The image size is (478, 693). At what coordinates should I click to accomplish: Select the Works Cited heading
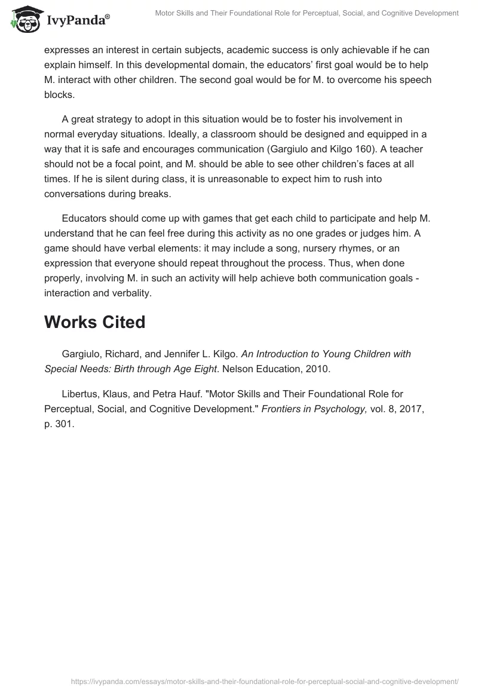tap(94, 322)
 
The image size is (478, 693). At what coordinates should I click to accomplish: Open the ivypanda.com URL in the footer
tap(265, 681)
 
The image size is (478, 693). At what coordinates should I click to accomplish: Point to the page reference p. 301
tap(59, 423)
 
